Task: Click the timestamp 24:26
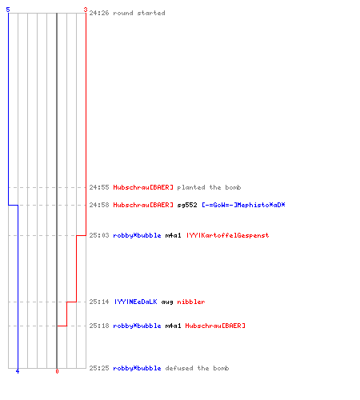(99, 13)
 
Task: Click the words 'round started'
(139, 13)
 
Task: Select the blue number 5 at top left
(8, 10)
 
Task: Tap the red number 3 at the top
(86, 10)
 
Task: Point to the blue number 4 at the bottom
(18, 371)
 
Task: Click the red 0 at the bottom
(57, 371)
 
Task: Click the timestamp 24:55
(99, 187)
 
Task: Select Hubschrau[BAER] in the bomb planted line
(143, 187)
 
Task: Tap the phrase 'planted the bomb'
(209, 187)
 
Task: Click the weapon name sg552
(187, 205)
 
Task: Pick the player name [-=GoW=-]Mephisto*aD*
(243, 205)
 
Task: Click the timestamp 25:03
(99, 235)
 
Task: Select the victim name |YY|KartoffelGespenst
(227, 235)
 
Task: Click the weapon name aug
(167, 302)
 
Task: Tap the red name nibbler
(191, 302)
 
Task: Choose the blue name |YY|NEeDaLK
(135, 302)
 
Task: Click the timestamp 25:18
(99, 326)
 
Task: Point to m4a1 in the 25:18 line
(173, 326)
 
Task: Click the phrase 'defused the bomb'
(197, 368)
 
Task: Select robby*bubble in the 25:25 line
(137, 368)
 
